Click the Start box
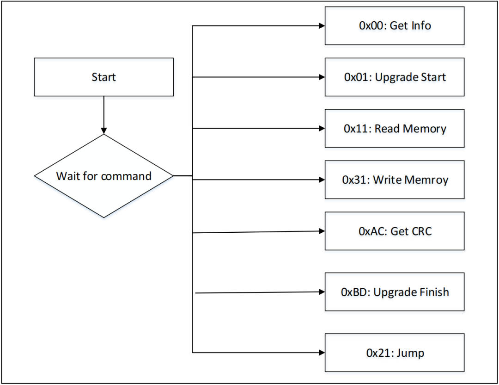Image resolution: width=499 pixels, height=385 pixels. (103, 77)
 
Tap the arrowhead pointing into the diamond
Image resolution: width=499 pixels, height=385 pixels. (103, 130)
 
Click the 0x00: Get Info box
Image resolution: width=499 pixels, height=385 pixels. (394, 26)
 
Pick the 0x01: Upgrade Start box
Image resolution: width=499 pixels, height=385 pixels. (394, 77)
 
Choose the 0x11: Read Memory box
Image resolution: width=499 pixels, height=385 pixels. (394, 129)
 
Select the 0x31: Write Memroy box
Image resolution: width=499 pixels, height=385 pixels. (394, 180)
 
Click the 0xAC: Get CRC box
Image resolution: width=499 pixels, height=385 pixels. (394, 231)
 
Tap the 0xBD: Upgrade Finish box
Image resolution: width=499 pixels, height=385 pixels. (394, 292)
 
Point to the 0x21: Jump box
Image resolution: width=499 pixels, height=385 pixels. (394, 353)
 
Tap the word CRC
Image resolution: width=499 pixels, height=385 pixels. (421, 231)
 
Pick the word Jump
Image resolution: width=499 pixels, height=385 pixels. (410, 353)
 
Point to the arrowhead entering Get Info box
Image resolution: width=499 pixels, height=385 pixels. (322, 26)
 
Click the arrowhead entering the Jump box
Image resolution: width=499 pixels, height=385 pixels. (322, 353)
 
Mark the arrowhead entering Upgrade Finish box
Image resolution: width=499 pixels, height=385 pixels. (322, 292)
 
